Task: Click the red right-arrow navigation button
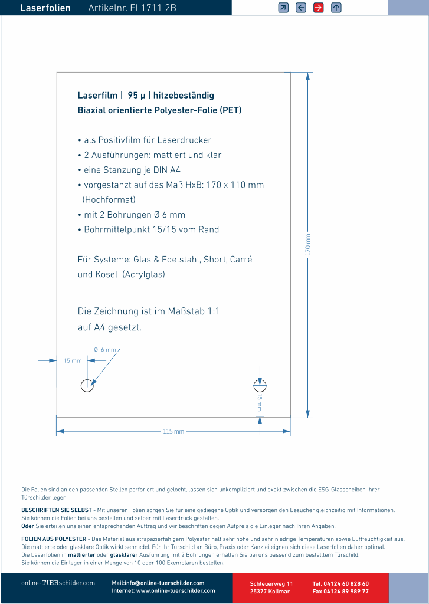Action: coord(318,8)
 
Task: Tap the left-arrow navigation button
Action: coord(301,8)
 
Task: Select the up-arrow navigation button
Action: coord(336,8)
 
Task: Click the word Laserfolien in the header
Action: coord(45,8)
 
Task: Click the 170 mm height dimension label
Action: coord(308,244)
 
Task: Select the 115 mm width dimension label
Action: coord(173,432)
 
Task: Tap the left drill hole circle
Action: coord(87,386)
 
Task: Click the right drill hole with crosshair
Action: coord(260,385)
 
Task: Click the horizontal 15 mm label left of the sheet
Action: coord(73,360)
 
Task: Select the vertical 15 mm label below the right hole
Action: coord(260,403)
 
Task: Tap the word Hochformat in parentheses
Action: coord(109,199)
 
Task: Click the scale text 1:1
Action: coord(214,311)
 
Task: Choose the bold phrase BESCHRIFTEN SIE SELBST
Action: coord(57,510)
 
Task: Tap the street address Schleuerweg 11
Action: coord(271,583)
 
